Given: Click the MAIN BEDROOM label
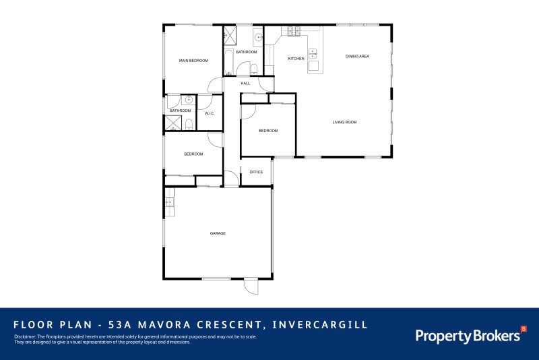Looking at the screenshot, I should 193,61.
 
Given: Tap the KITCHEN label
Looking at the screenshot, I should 296,59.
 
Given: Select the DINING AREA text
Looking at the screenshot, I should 357,56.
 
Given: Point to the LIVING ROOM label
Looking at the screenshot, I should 344,122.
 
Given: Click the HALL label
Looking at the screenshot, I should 245,83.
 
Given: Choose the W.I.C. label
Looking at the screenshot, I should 209,113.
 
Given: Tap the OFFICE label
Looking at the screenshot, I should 256,172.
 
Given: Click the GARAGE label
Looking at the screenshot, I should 218,233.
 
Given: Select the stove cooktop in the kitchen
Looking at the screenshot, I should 294,31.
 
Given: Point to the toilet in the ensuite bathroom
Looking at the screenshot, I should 189,123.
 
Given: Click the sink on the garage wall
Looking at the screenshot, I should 169,201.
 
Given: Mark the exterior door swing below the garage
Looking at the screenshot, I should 251,287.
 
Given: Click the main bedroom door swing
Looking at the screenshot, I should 216,86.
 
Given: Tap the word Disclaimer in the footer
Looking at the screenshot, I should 24,336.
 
